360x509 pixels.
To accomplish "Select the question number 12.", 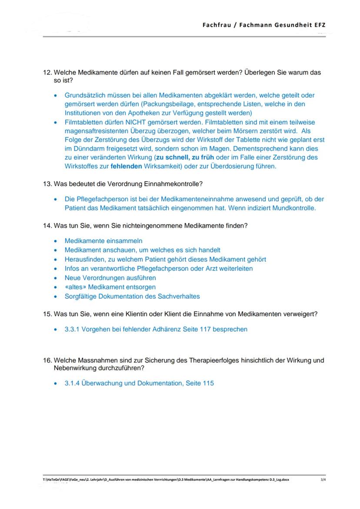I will click(47, 73).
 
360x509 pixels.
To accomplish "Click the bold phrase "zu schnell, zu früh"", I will click(179, 157).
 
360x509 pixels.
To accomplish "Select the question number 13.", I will click(47, 184).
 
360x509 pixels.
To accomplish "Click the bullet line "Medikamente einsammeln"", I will click(103, 241).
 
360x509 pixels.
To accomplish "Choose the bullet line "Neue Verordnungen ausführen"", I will click(110, 278).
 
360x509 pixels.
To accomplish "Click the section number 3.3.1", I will click(72, 329).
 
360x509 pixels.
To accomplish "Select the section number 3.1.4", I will click(72, 383).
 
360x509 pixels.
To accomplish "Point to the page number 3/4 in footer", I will click(322, 480).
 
